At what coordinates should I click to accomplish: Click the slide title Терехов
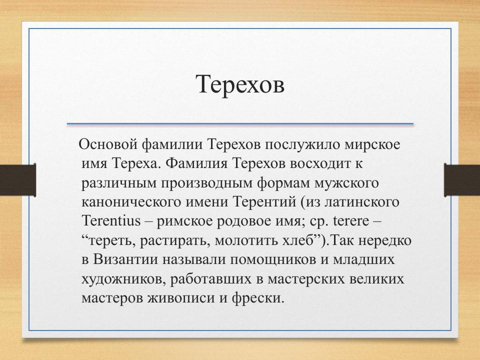click(x=240, y=83)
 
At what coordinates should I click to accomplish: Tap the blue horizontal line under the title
click(x=240, y=123)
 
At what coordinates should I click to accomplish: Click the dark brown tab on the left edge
click(x=17, y=179)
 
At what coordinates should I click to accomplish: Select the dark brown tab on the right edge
click(x=462, y=179)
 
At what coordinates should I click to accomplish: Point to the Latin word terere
click(x=352, y=221)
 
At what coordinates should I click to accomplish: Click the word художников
click(x=115, y=278)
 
